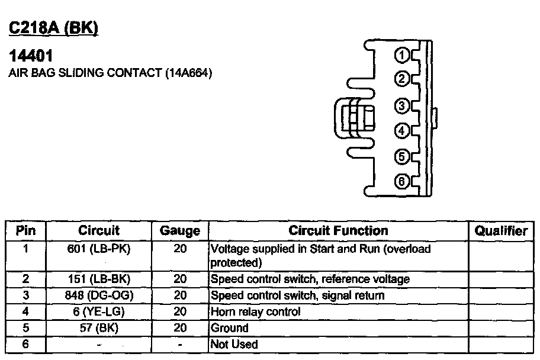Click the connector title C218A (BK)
coord(53,28)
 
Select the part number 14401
coord(31,56)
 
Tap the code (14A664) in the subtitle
coord(188,73)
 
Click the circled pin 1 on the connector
coord(401,55)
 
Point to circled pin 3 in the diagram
coord(401,106)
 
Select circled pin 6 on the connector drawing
coord(401,182)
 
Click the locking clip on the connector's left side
coord(354,118)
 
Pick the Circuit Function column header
coord(338,230)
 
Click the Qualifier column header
coord(501,230)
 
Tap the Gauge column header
coord(180,231)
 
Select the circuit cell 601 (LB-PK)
coord(99,249)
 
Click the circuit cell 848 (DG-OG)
coord(99,295)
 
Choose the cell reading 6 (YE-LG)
coord(99,311)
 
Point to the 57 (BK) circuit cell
coord(99,327)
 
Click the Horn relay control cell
coord(256,312)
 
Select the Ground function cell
coord(229,327)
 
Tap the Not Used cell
coord(234,344)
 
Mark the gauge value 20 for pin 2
coord(180,279)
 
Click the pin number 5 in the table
coord(25,327)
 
